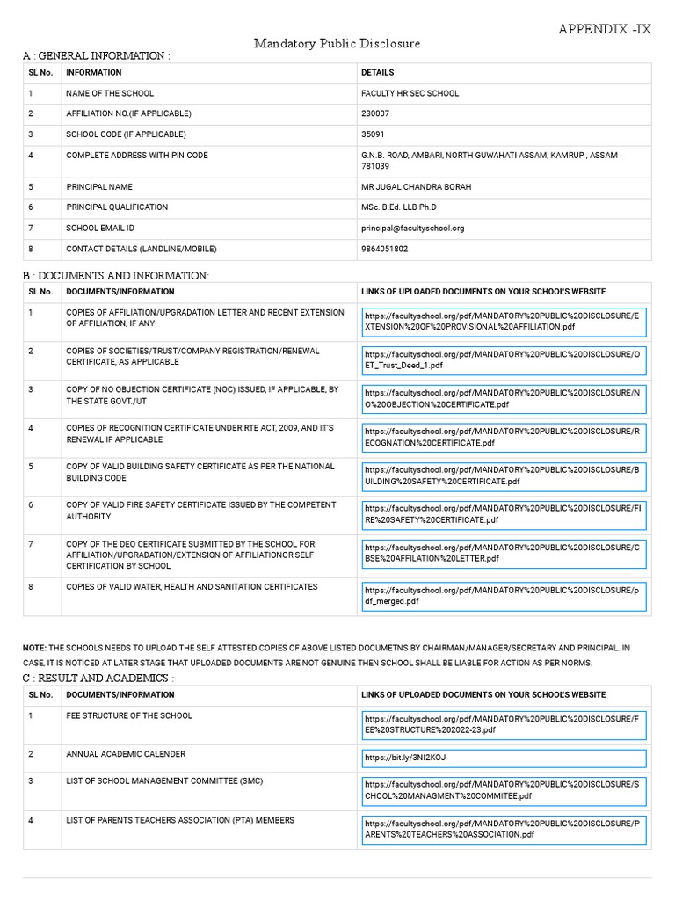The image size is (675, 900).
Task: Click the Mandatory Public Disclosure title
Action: (x=337, y=43)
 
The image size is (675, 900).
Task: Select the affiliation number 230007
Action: (x=374, y=113)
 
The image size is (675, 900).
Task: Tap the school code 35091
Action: (x=373, y=134)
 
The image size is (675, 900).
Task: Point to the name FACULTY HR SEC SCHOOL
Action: (x=410, y=93)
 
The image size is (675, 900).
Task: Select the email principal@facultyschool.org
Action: (x=412, y=228)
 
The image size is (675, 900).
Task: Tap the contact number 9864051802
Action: (x=384, y=249)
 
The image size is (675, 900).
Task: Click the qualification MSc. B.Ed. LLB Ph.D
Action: (x=398, y=207)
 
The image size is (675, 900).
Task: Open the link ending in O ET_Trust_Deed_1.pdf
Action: (x=503, y=359)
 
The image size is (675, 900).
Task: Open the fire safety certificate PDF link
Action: (x=503, y=514)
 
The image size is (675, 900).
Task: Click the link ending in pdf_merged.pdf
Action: (x=503, y=596)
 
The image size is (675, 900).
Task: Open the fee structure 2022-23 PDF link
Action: (x=503, y=724)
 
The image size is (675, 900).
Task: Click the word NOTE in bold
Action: (x=34, y=648)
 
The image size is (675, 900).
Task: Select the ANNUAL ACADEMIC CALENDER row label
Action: (x=126, y=754)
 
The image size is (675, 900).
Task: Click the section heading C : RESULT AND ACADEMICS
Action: (x=98, y=679)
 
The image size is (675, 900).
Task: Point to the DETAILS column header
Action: (x=378, y=72)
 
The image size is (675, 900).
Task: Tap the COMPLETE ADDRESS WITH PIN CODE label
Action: (x=137, y=155)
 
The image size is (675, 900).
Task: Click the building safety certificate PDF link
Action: (x=503, y=475)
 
